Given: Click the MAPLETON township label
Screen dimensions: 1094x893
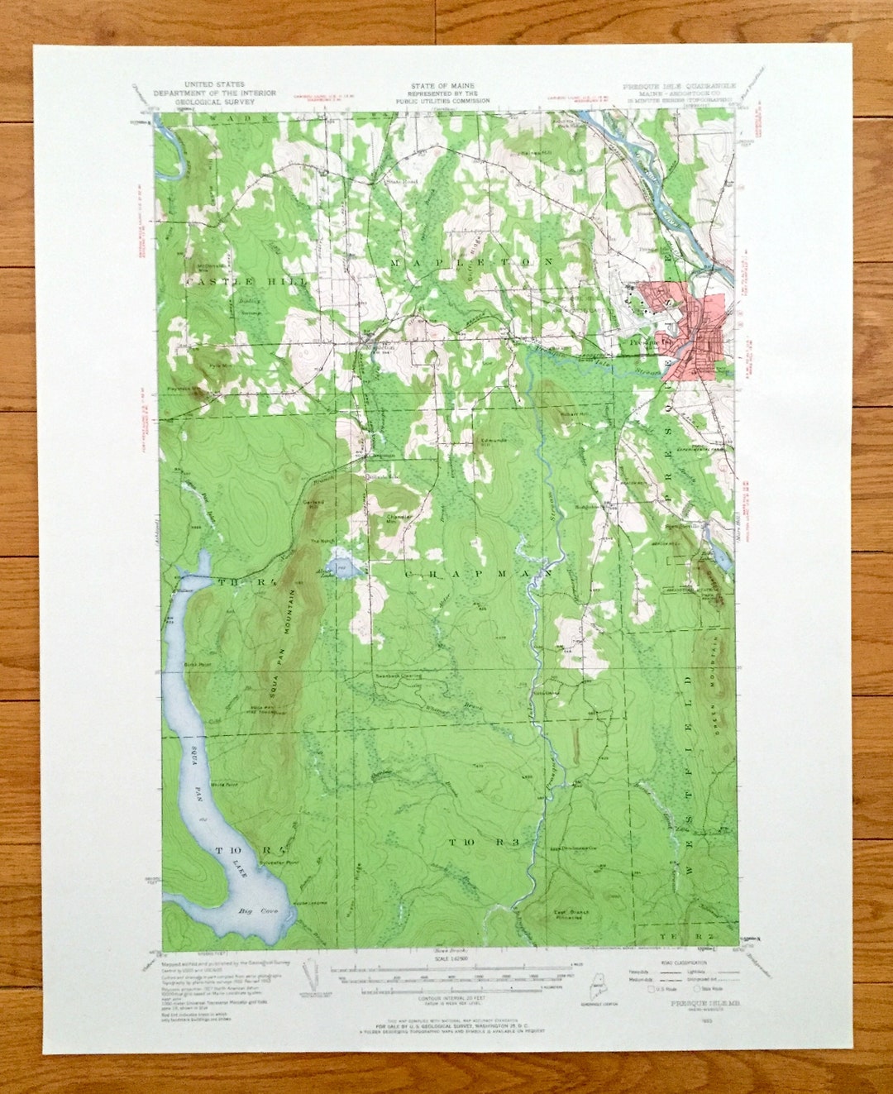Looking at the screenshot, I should (471, 262).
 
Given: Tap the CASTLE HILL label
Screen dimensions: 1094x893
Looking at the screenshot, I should (246, 282).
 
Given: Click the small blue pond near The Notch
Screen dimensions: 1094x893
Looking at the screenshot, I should (342, 566).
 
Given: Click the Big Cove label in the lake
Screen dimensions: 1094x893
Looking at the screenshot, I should (255, 911).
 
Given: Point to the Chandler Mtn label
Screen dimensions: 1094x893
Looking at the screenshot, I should (399, 519).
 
